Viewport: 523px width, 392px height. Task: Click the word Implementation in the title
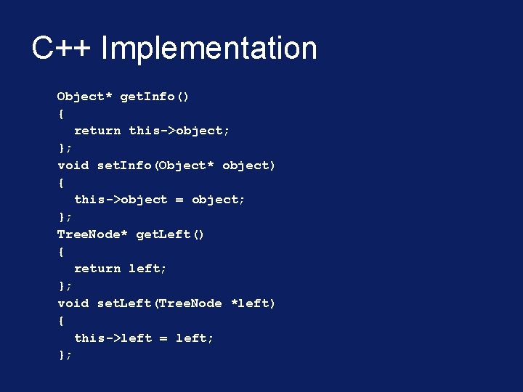(x=209, y=49)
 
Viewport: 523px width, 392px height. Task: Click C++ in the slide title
(x=62, y=49)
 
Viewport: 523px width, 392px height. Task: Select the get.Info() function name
(x=154, y=97)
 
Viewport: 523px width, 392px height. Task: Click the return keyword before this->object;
(x=97, y=131)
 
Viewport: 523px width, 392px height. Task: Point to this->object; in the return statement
(x=179, y=131)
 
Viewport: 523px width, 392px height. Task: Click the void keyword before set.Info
(x=73, y=166)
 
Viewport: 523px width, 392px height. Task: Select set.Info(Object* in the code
(x=155, y=166)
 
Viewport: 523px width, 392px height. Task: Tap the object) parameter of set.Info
(x=248, y=166)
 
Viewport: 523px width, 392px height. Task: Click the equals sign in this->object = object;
(x=179, y=200)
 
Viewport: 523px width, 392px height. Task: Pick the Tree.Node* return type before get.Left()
(x=92, y=234)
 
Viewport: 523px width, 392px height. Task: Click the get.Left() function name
(x=170, y=234)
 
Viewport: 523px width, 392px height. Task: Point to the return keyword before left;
(x=97, y=269)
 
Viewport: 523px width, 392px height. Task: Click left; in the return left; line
(x=147, y=269)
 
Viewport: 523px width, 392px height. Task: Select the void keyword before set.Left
(x=73, y=303)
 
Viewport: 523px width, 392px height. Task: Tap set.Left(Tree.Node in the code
(x=159, y=303)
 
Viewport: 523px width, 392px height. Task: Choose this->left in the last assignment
(x=113, y=338)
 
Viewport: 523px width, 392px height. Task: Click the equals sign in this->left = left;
(x=163, y=338)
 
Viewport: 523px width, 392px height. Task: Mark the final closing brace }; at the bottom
(x=65, y=355)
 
